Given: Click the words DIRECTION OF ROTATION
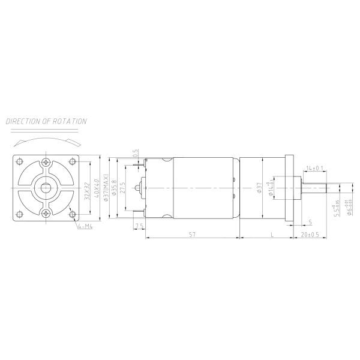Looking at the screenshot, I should pos(47,121).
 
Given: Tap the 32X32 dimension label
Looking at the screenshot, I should pos(88,190).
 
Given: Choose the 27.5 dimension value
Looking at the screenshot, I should pos(124,187).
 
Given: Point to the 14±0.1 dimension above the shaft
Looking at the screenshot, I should pos(315,167).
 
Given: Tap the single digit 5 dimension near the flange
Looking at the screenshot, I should pos(310,221).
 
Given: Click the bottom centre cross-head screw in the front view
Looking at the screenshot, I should pos(47,213).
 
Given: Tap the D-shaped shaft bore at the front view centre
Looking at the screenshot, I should pos(47,187).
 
